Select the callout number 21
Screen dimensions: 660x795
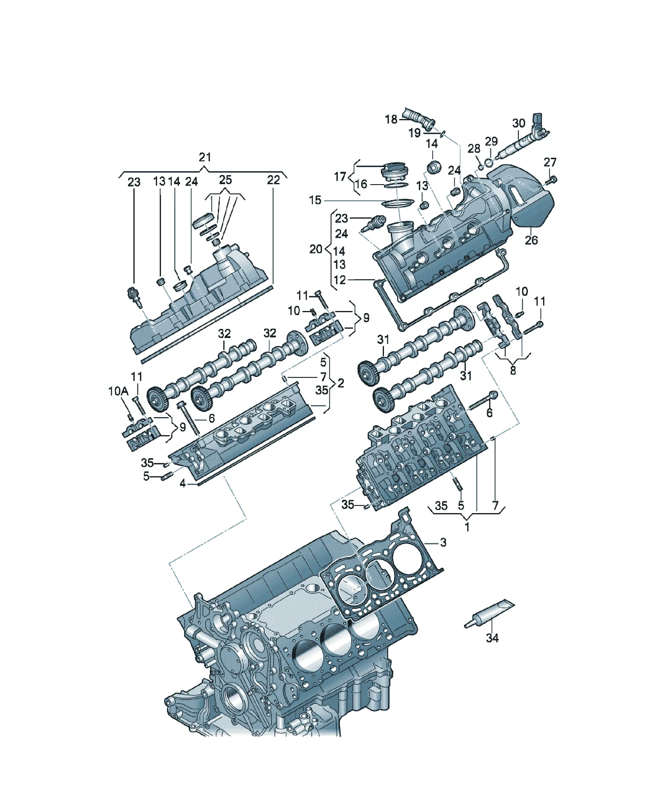coord(205,157)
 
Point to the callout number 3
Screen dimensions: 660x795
coord(443,542)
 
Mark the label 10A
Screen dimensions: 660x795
coord(118,391)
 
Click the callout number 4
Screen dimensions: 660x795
coord(183,483)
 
